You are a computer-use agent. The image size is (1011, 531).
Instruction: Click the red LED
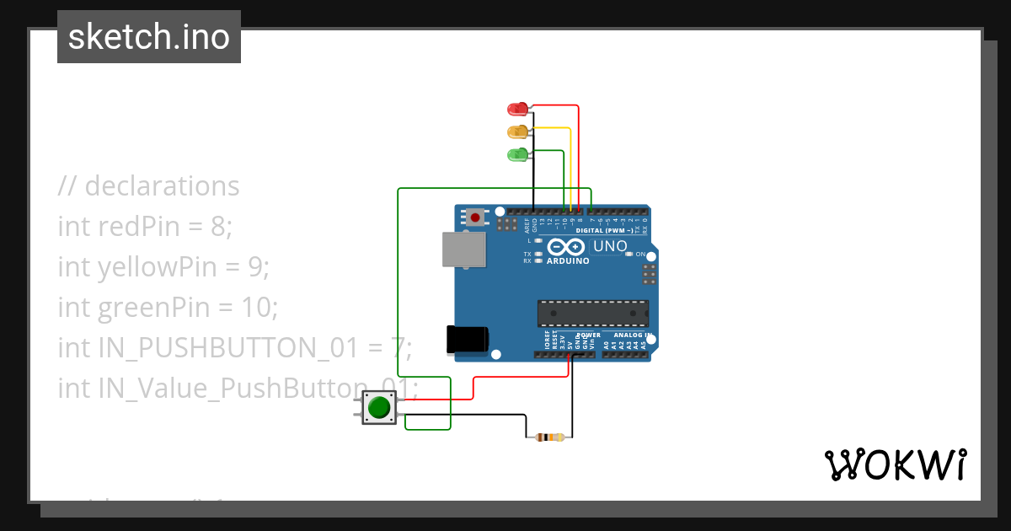pyautogui.click(x=516, y=109)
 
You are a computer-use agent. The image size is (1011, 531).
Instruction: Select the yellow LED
pyautogui.click(x=516, y=131)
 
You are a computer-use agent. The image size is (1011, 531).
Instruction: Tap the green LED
pyautogui.click(x=516, y=154)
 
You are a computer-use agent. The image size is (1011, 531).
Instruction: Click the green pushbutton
pyautogui.click(x=379, y=408)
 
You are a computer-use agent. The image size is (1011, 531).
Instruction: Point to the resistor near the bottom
pyautogui.click(x=549, y=437)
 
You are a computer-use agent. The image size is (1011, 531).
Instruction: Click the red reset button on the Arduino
pyautogui.click(x=475, y=217)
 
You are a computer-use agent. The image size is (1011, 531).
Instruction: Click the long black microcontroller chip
pyautogui.click(x=593, y=313)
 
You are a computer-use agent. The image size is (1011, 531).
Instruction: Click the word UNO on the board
pyautogui.click(x=611, y=247)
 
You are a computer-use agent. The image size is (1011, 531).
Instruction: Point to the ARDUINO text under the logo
pyautogui.click(x=568, y=261)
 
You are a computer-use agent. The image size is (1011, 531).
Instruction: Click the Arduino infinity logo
pyautogui.click(x=566, y=247)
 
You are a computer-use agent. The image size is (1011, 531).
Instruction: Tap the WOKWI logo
pyautogui.click(x=895, y=464)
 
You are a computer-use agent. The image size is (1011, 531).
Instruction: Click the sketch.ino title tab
pyautogui.click(x=149, y=37)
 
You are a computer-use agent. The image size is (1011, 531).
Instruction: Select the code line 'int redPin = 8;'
pyautogui.click(x=144, y=226)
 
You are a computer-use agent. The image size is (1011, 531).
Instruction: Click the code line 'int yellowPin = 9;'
pyautogui.click(x=163, y=267)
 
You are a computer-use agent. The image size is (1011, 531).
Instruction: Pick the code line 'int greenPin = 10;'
pyautogui.click(x=168, y=308)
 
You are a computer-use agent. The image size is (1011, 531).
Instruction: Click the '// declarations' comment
pyautogui.click(x=149, y=185)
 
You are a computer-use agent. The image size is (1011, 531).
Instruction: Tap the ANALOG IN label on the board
pyautogui.click(x=634, y=335)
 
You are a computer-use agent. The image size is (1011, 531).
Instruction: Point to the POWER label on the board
pyautogui.click(x=588, y=335)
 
